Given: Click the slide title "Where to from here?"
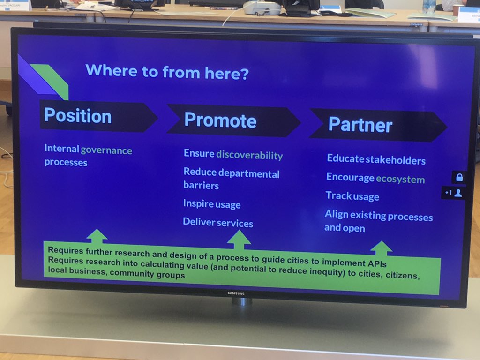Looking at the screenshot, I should point(167,72).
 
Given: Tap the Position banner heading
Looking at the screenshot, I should point(78,116).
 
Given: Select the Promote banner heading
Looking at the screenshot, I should point(220,120).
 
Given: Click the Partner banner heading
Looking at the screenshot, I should point(360,125).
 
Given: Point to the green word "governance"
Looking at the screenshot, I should point(106,150).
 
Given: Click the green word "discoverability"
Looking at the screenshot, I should point(249,155).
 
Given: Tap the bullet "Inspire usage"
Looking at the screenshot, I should point(212,204).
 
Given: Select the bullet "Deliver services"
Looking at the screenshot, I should point(218,223).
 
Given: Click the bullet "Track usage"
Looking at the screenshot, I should point(352,196).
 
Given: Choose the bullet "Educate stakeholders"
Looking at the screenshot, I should point(376,159).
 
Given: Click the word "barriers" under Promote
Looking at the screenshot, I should point(201,186).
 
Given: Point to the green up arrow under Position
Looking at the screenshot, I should point(97,236).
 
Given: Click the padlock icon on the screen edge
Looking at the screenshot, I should point(459,177).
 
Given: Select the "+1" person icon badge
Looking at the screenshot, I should point(453,193).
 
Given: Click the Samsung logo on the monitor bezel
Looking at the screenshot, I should point(237,293).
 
